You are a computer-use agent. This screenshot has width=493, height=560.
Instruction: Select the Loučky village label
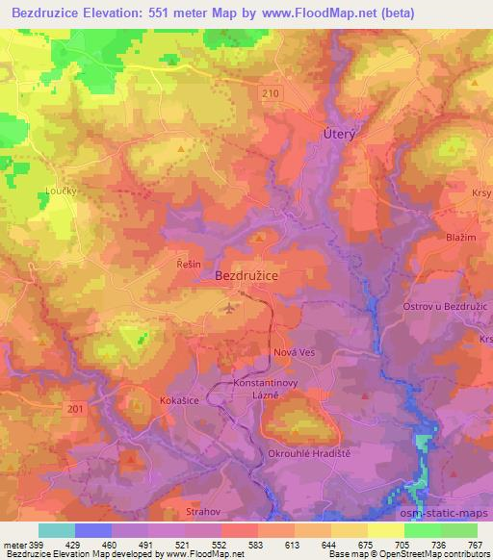62,191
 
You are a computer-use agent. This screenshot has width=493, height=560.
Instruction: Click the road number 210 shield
273,91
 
